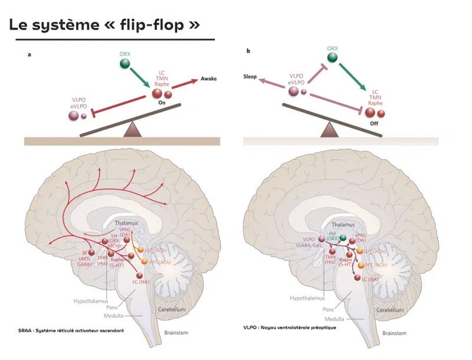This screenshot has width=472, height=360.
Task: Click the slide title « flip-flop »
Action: pos(107,27)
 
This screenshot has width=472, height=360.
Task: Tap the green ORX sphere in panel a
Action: pos(125,64)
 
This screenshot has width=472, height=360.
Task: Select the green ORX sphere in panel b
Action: pos(333,57)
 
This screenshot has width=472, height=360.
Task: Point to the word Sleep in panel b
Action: pos(252,77)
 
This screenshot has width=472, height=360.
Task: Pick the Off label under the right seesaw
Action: pos(373,124)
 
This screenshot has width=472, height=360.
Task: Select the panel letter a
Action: pos(29,54)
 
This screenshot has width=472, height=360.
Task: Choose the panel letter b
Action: pos(248,51)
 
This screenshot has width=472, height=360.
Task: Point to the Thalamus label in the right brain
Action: pos(342,224)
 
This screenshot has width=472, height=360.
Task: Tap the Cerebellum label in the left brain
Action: pos(172,309)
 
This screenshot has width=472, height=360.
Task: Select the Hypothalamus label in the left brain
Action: pos(90,301)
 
